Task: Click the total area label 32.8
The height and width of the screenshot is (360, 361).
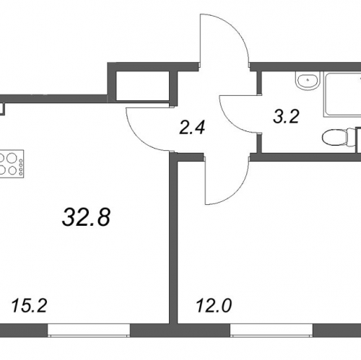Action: pyautogui.click(x=86, y=217)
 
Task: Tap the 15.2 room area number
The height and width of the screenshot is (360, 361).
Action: pyautogui.click(x=29, y=306)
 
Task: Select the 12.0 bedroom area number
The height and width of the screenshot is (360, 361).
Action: pyautogui.click(x=214, y=306)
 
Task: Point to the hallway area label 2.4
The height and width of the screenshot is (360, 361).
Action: pyautogui.click(x=192, y=127)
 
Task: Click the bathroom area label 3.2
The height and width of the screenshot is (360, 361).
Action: pyautogui.click(x=286, y=117)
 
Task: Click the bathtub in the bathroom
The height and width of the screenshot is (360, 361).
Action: pyautogui.click(x=342, y=95)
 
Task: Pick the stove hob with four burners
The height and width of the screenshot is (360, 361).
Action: pyautogui.click(x=12, y=164)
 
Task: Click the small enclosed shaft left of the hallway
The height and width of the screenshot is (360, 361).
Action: pyautogui.click(x=143, y=86)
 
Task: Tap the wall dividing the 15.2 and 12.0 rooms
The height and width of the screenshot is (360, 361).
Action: pyautogui.click(x=173, y=238)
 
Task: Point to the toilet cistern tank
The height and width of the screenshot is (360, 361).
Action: pyautogui.click(x=352, y=138)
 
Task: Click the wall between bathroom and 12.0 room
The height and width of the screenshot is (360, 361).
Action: pyautogui.click(x=305, y=157)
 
